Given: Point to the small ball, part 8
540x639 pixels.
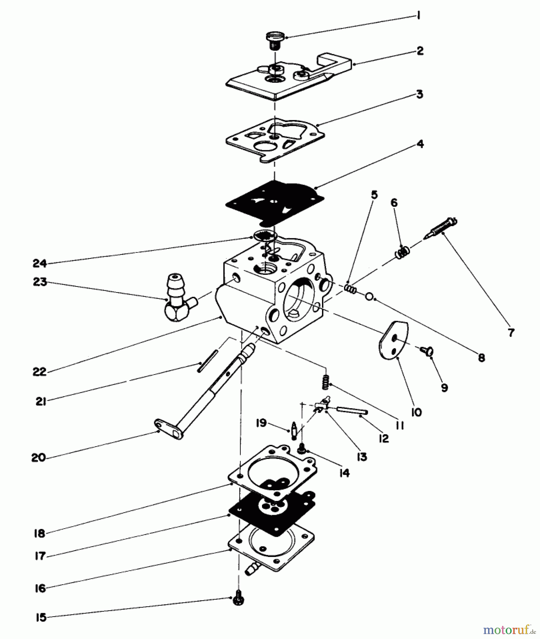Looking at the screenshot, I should (x=369, y=296).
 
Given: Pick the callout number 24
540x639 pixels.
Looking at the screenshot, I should (x=40, y=263).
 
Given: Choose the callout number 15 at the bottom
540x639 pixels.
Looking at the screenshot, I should (x=41, y=618).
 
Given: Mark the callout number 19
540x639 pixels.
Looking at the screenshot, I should (x=261, y=423).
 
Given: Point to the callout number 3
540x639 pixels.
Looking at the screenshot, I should (x=420, y=95).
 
